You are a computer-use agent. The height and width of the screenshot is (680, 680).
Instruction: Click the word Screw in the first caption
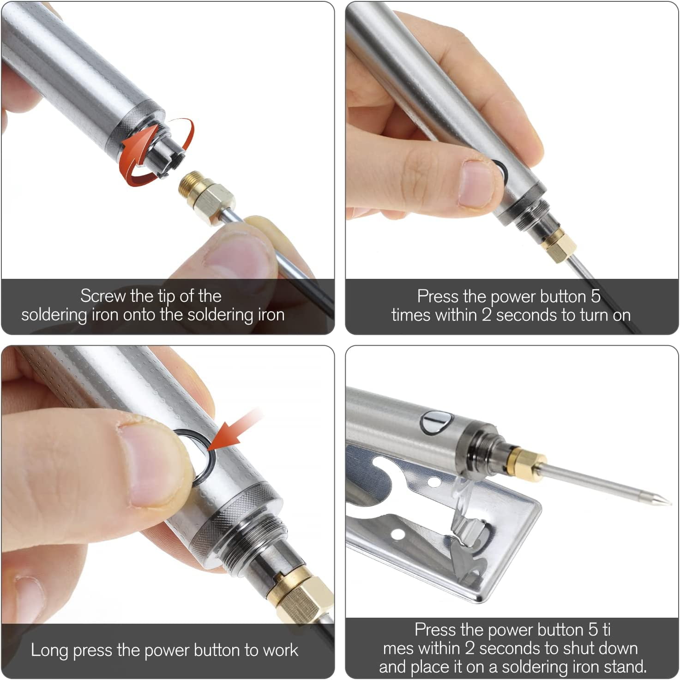coord(102,296)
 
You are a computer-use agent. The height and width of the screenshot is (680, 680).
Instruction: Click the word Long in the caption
coord(49,650)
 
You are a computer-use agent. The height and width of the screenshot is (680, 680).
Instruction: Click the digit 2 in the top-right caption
coord(486,315)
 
